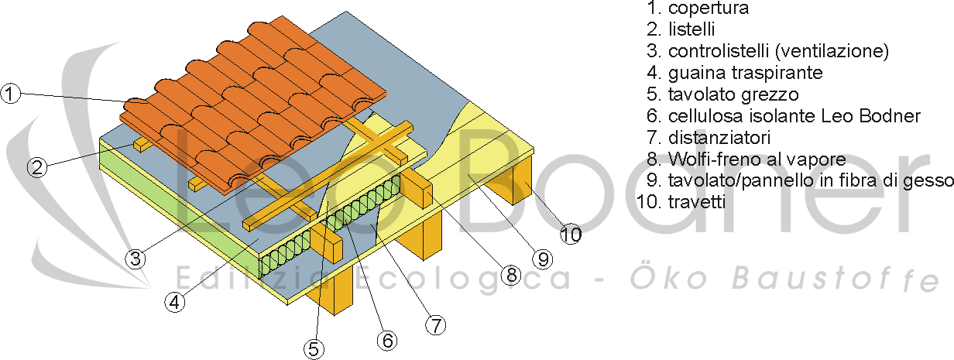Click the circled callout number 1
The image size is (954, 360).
click(x=10, y=94)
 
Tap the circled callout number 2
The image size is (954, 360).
click(x=37, y=167)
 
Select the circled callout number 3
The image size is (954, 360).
click(x=136, y=258)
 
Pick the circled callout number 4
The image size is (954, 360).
click(x=175, y=302)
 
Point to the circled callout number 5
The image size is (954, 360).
click(x=314, y=349)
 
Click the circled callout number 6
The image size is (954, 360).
click(x=387, y=340)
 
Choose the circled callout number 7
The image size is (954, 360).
click(x=436, y=325)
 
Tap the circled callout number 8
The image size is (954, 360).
click(x=511, y=275)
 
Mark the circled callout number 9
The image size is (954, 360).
click(x=543, y=259)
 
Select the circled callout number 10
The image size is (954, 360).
click(x=571, y=235)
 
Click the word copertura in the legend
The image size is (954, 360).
click(x=709, y=9)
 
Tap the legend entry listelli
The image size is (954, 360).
click(x=691, y=29)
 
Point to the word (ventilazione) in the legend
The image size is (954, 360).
click(x=832, y=51)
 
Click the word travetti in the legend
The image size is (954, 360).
click(x=697, y=201)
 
